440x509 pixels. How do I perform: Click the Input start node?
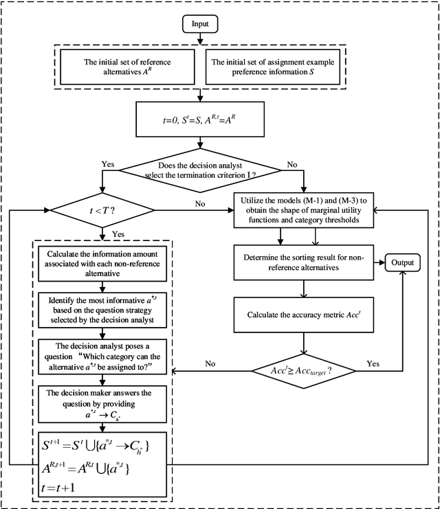click(x=199, y=23)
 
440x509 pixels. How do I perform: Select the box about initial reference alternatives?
click(x=127, y=66)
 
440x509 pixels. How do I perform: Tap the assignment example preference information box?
click(x=270, y=66)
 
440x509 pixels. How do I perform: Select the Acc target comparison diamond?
click(x=303, y=372)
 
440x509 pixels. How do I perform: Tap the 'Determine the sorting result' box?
click(x=303, y=263)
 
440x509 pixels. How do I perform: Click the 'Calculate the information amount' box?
click(x=102, y=262)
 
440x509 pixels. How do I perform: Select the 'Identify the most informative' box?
click(x=102, y=310)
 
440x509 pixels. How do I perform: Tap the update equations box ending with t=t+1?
click(x=102, y=463)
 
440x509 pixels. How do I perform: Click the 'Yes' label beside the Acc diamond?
click(x=373, y=363)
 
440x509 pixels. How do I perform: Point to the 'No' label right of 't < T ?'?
click(x=200, y=203)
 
